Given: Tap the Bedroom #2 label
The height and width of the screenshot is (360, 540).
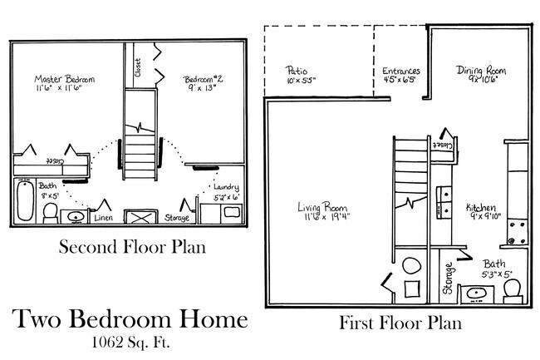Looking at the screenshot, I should click(204, 80).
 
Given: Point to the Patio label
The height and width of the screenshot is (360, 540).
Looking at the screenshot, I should click(295, 72).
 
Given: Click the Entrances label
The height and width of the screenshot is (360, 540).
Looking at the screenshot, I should click(400, 72).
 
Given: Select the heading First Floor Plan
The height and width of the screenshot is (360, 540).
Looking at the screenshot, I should click(400, 323).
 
